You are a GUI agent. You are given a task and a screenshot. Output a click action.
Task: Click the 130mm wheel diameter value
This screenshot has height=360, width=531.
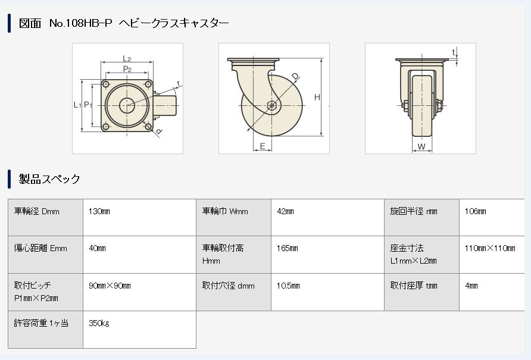(x=99, y=211)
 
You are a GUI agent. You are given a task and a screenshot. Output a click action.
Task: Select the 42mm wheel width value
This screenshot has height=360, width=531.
(x=285, y=211)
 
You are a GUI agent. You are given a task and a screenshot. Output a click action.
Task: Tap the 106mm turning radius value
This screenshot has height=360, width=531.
(x=475, y=211)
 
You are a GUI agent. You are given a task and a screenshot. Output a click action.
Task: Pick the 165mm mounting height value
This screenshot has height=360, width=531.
(x=287, y=248)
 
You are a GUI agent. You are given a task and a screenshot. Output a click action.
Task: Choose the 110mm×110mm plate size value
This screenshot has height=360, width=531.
(x=490, y=248)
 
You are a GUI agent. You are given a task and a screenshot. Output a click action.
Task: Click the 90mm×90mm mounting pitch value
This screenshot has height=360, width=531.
(x=110, y=286)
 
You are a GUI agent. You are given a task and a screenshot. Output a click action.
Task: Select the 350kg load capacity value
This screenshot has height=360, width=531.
(x=99, y=323)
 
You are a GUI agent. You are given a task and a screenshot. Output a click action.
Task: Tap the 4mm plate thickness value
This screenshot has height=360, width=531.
(x=471, y=286)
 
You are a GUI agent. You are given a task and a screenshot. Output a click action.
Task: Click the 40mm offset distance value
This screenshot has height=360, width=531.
(x=97, y=248)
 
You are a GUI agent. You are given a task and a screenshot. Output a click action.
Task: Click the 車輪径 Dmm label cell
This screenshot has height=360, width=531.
(x=37, y=211)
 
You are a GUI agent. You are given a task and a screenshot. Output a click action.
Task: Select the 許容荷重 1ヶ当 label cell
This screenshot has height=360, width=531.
(x=41, y=323)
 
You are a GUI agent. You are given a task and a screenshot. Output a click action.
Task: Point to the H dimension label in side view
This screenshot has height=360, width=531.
(x=317, y=98)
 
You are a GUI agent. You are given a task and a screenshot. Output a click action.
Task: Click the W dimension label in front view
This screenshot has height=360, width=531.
(x=421, y=146)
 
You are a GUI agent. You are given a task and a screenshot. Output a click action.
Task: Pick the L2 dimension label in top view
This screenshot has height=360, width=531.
(x=127, y=58)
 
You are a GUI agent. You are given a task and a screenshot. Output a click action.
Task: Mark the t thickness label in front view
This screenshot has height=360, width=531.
(x=453, y=52)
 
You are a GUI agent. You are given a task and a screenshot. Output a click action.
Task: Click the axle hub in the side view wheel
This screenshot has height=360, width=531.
(x=271, y=106)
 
